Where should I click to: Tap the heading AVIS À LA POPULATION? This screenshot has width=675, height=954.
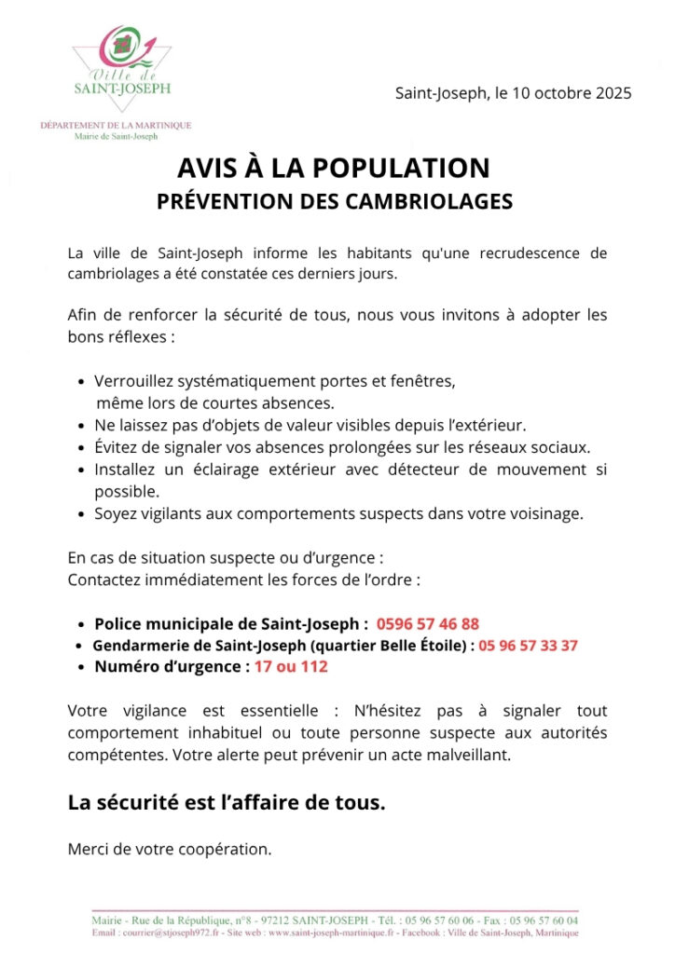pyautogui.click(x=334, y=168)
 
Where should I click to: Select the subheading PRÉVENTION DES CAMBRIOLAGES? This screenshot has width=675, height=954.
pyautogui.click(x=334, y=200)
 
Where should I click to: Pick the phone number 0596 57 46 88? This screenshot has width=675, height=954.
pyautogui.click(x=428, y=623)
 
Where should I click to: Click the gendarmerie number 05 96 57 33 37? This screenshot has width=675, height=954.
pyautogui.click(x=529, y=645)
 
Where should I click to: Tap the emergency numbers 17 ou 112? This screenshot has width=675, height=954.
pyautogui.click(x=291, y=666)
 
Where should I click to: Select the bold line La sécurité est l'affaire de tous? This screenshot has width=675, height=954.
pyautogui.click(x=227, y=802)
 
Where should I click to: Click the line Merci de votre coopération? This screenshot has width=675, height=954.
pyautogui.click(x=170, y=849)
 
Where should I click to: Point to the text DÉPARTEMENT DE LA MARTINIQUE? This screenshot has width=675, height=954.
pyautogui.click(x=116, y=126)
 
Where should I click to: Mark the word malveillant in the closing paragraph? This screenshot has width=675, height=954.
pyautogui.click(x=471, y=755)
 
